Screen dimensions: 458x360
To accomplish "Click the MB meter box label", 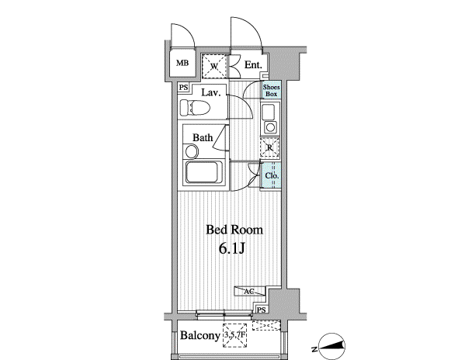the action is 182,63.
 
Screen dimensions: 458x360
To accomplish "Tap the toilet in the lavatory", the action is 195,107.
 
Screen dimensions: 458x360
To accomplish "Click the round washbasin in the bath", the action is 192,152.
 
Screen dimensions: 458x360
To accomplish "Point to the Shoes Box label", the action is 272,91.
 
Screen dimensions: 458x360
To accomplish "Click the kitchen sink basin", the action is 268,112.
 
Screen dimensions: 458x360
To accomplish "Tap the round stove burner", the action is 270,127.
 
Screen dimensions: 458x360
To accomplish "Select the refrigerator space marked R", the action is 270,147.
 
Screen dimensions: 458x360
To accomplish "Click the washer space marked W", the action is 214,66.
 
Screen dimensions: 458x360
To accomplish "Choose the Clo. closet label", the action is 272,176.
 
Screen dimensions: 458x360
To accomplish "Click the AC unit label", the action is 249,292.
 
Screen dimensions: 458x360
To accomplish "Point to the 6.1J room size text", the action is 231,248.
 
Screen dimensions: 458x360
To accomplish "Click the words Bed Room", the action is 234,230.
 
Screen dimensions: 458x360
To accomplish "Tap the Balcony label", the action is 200,335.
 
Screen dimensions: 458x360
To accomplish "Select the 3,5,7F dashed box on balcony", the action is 235,335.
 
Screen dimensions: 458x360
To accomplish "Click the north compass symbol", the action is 331,347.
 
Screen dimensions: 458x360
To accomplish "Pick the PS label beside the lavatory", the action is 183,88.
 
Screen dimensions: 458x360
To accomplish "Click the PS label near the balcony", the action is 262,310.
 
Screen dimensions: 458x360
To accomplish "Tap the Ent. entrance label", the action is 253,65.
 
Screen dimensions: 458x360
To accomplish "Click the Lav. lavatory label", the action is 210,92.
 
